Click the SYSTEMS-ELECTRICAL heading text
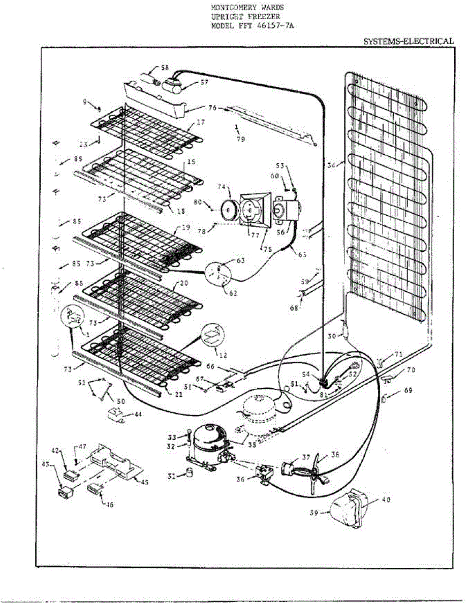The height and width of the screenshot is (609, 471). [x=409, y=42]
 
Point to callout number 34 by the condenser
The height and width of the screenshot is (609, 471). [x=332, y=165]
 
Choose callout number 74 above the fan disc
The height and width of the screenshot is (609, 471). [x=221, y=187]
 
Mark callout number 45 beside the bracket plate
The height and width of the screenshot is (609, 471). [x=144, y=483]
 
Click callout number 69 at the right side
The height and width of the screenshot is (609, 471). [x=394, y=391]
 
